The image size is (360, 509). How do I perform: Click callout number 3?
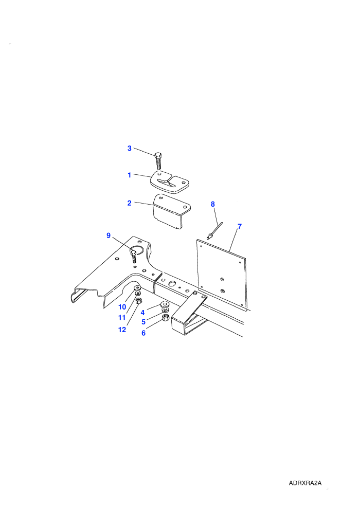[129, 149]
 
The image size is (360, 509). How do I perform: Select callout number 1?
[129, 175]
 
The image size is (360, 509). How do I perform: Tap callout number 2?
[129, 203]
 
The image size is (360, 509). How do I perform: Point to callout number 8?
[212, 204]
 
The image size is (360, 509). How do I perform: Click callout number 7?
[240, 226]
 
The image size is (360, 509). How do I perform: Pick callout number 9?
[109, 235]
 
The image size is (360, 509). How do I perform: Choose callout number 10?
[122, 307]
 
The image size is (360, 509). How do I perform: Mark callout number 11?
[122, 317]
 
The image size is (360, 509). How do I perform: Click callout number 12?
[122, 330]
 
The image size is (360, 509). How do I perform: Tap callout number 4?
[142, 313]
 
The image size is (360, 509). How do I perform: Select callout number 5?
[143, 322]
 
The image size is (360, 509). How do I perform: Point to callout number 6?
[143, 333]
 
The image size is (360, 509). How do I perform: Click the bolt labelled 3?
[158, 160]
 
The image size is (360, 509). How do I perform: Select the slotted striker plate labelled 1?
[170, 182]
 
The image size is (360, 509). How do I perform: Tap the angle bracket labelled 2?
[171, 211]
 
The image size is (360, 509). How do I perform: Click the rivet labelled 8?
[214, 231]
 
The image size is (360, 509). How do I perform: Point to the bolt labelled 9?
[134, 256]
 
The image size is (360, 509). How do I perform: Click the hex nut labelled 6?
[165, 317]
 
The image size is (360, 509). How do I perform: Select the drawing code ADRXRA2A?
[305, 483]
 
